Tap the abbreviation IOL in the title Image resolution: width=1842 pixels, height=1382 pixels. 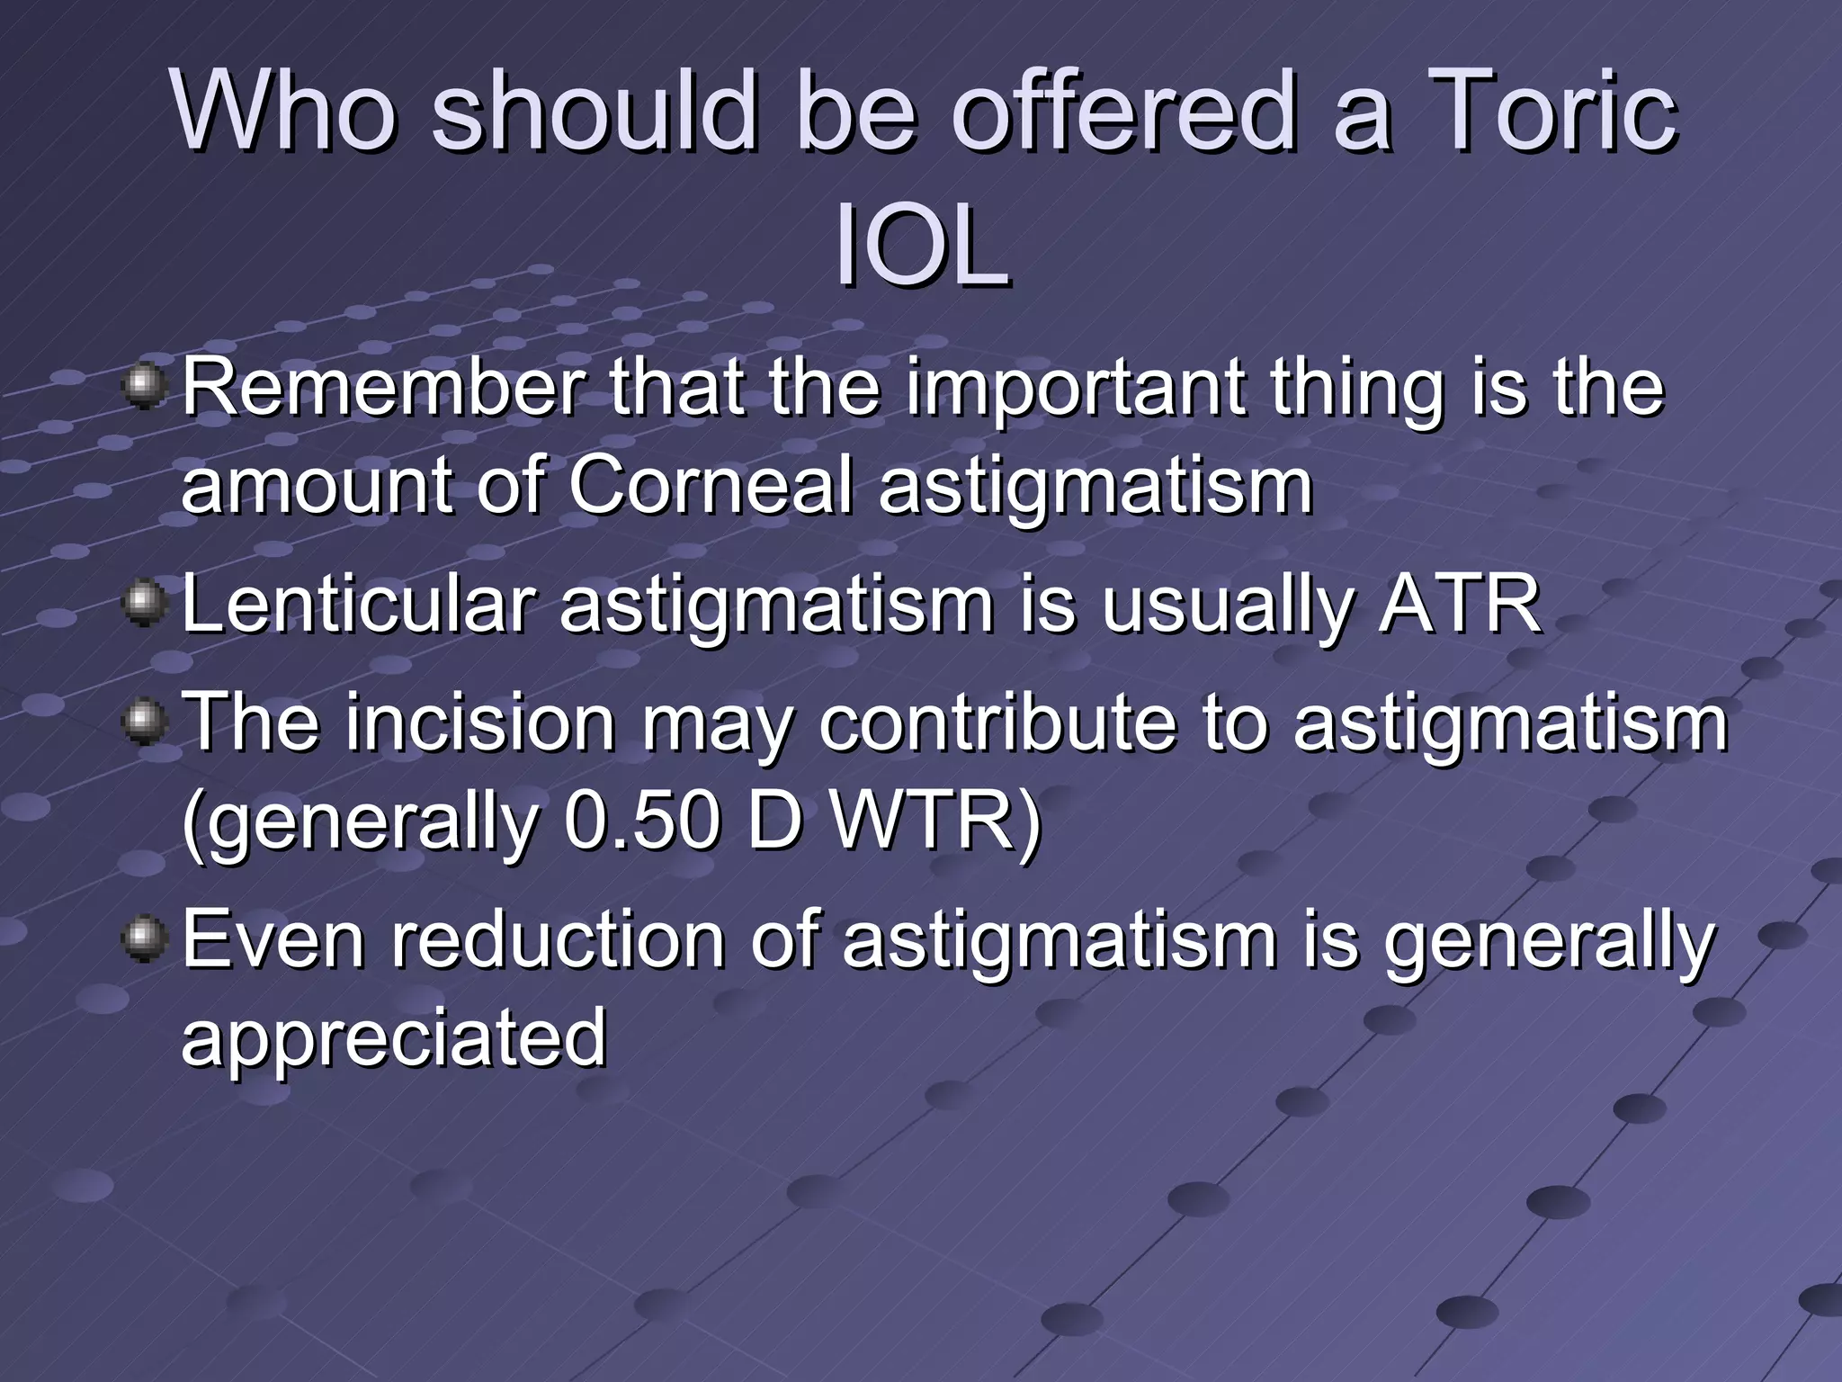921,247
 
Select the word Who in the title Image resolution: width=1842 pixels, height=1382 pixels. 284,112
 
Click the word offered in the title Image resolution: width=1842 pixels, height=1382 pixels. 1123,112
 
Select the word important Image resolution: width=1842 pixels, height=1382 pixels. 1075,389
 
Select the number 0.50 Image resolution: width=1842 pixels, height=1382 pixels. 642,821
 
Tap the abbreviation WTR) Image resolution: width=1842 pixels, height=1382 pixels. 935,821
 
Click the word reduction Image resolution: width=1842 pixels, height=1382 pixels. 558,939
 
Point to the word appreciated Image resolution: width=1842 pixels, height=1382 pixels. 393,1037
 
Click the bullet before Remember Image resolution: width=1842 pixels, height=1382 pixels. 144,388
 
